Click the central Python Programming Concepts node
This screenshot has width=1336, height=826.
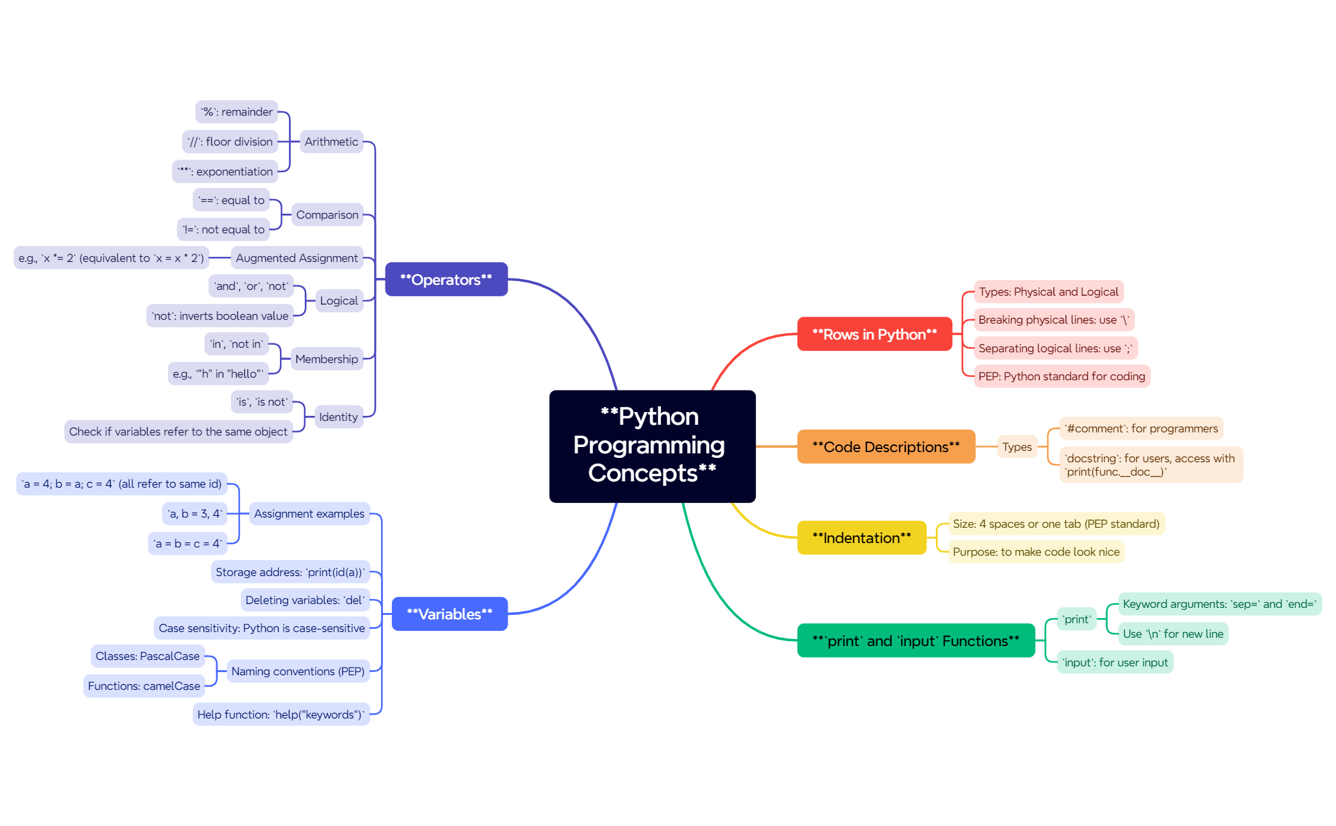pos(652,446)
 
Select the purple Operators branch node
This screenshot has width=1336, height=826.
pos(446,279)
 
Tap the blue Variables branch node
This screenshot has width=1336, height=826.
pos(449,614)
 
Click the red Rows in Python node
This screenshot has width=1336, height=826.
pos(874,334)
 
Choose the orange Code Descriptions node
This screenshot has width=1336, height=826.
pos(886,446)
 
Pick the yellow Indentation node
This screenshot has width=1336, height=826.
pos(861,537)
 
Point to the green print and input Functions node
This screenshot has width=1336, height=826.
pos(915,640)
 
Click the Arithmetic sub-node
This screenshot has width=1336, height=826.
pos(331,141)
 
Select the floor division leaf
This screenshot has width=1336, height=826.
pos(230,141)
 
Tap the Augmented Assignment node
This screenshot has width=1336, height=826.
pos(296,258)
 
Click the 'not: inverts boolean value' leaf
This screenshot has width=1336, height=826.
pos(220,315)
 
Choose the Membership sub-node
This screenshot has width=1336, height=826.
pos(327,359)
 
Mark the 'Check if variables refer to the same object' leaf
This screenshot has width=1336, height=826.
pos(178,431)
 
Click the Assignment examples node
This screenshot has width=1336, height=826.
pos(309,513)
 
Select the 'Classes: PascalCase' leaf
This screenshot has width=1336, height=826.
pos(148,656)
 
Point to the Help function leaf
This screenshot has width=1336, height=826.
pos(281,714)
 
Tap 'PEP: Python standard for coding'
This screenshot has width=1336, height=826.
pos(1062,376)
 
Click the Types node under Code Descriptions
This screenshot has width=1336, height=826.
pos(1017,446)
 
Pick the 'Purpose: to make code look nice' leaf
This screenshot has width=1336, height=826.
pos(1036,551)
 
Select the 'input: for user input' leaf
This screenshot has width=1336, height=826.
pos(1115,662)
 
